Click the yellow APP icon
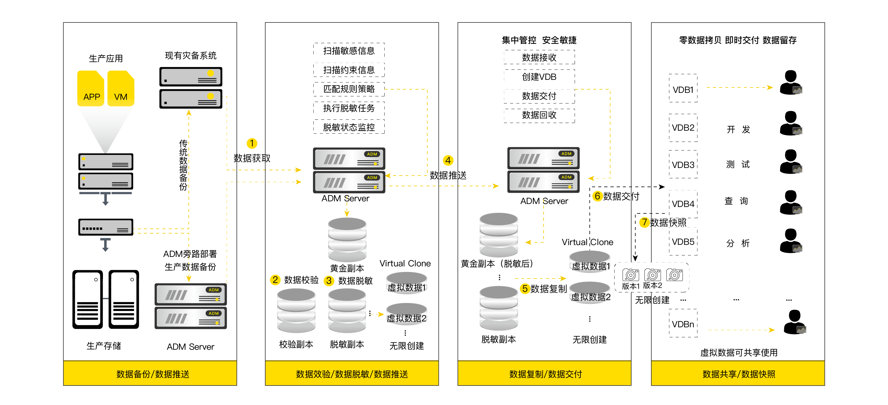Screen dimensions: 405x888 click(x=91, y=88)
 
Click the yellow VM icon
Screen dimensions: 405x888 click(x=121, y=88)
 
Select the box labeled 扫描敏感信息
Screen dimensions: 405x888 click(x=349, y=51)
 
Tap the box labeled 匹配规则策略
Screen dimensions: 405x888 click(x=349, y=89)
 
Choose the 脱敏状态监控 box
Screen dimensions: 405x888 click(x=349, y=127)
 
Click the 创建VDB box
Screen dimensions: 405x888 click(x=539, y=77)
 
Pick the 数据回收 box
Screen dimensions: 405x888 click(x=539, y=115)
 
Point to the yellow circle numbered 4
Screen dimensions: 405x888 click(x=448, y=160)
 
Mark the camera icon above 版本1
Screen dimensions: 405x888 click(x=631, y=275)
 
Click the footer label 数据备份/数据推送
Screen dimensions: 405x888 click(x=153, y=374)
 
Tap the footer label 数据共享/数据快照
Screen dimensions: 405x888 click(x=739, y=374)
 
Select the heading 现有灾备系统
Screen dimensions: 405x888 click(x=191, y=56)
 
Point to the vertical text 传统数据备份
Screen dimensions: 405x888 click(x=183, y=165)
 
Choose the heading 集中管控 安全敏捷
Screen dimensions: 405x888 click(x=539, y=40)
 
